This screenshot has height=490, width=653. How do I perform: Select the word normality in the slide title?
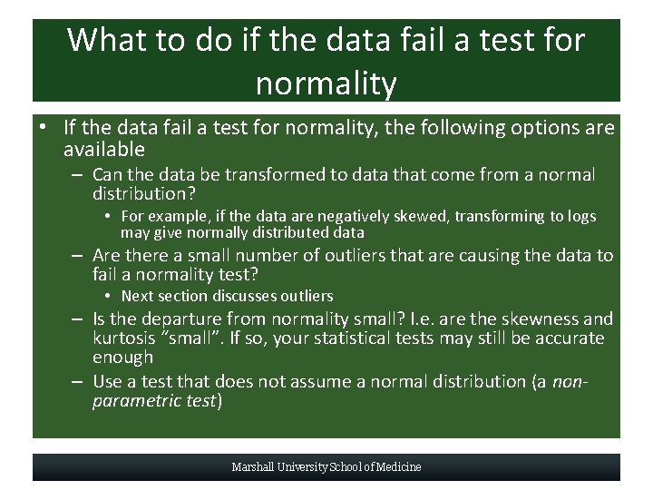pyautogui.click(x=326, y=83)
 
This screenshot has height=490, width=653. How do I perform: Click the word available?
pyautogui.click(x=104, y=149)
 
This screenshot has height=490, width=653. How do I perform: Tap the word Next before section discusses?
pyautogui.click(x=137, y=296)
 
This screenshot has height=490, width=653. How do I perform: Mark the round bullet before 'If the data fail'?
pyautogui.click(x=43, y=128)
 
